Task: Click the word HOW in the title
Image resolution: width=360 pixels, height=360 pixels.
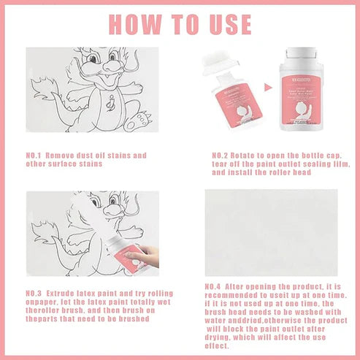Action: coord(135,24)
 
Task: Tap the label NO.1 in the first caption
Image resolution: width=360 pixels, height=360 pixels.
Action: coord(34,156)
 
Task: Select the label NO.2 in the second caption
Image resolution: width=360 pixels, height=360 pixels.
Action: coord(220,156)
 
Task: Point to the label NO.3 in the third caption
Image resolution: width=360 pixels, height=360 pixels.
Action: coord(34,294)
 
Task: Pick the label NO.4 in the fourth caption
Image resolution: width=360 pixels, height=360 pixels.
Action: coord(212,287)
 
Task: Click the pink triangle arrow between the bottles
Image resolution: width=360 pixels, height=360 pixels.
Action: coord(268,87)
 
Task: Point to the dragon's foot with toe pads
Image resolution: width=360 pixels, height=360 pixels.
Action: coord(138,121)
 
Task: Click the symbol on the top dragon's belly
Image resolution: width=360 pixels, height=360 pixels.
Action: coord(111,102)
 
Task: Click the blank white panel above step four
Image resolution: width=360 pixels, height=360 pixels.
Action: coord(271,233)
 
